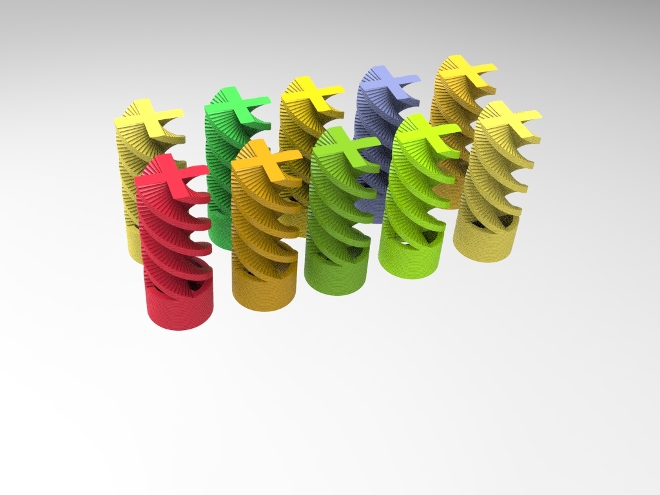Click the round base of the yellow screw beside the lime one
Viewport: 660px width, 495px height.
click(x=484, y=246)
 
